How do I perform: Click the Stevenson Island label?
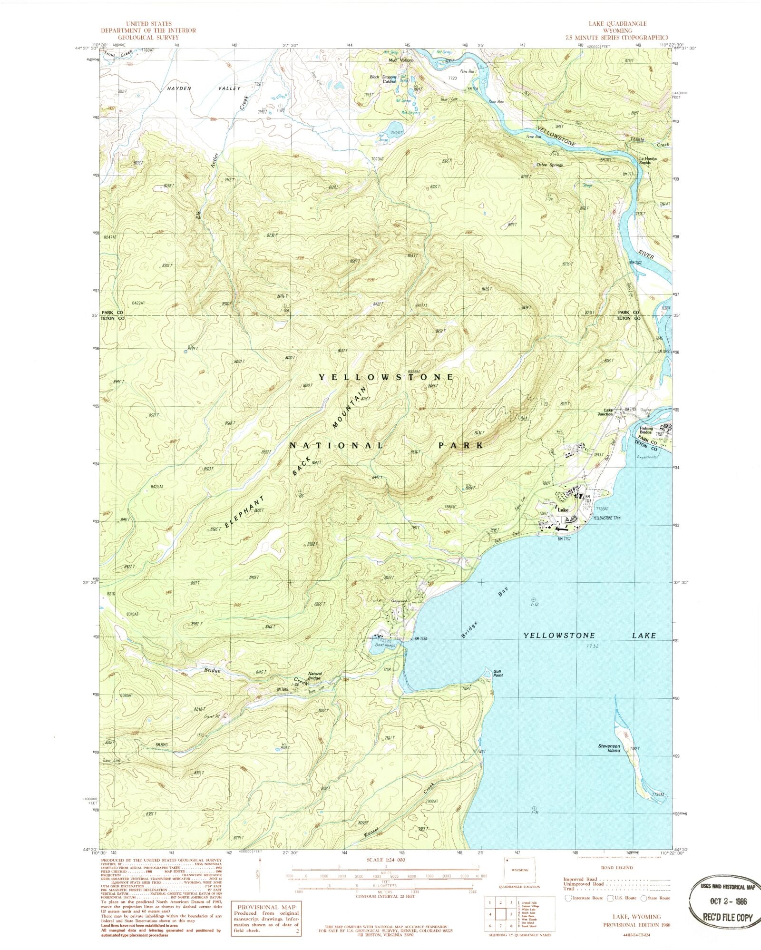610,748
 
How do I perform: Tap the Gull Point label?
498,673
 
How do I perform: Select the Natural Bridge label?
315,676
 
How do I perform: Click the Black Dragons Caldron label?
383,79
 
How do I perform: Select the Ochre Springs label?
549,165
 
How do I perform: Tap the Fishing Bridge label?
646,430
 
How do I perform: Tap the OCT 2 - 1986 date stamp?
725,901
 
